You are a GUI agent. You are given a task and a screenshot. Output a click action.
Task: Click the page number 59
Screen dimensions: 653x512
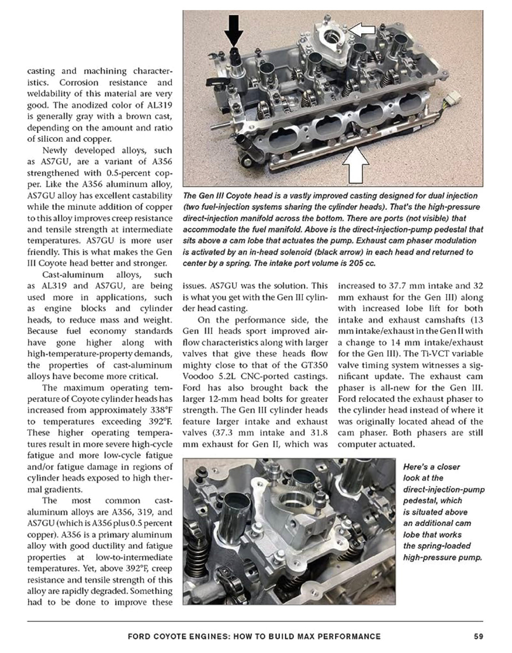(x=478, y=636)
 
